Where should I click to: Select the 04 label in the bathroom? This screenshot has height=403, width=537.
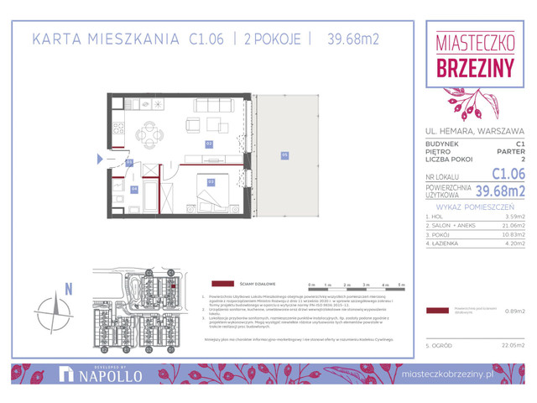click(x=134, y=190)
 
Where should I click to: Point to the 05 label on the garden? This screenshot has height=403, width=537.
click(x=284, y=154)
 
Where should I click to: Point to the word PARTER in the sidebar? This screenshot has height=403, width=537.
click(x=508, y=151)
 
